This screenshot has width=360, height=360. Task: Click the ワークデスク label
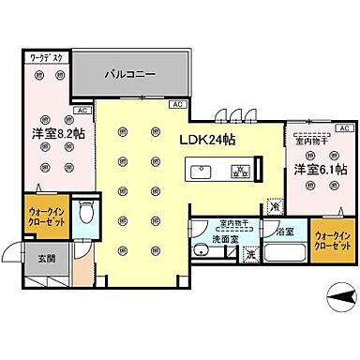coord(46,57)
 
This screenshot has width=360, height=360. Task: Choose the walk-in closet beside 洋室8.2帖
coord(45,217)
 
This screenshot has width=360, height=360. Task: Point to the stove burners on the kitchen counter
coord(238,172)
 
